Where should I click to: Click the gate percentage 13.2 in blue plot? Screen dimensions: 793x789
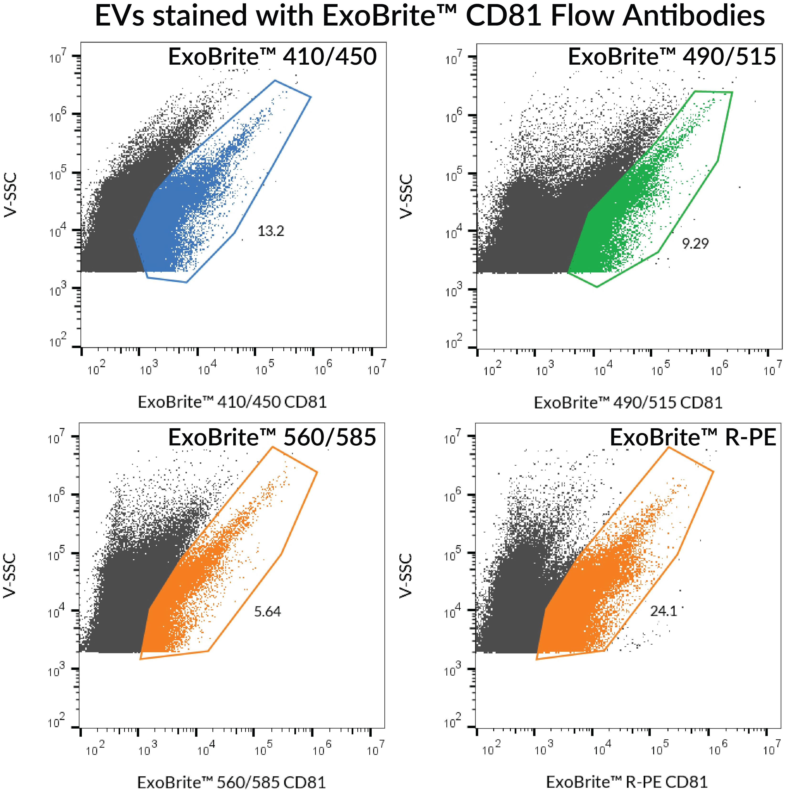point(271,231)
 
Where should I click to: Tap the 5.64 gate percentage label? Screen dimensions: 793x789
point(267,612)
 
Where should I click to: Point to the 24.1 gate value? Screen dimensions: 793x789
point(663,611)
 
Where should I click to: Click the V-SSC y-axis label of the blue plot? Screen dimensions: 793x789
point(11,195)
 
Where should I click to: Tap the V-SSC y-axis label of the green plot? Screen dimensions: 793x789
point(406,196)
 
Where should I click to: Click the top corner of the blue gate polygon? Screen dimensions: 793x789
point(275,80)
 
